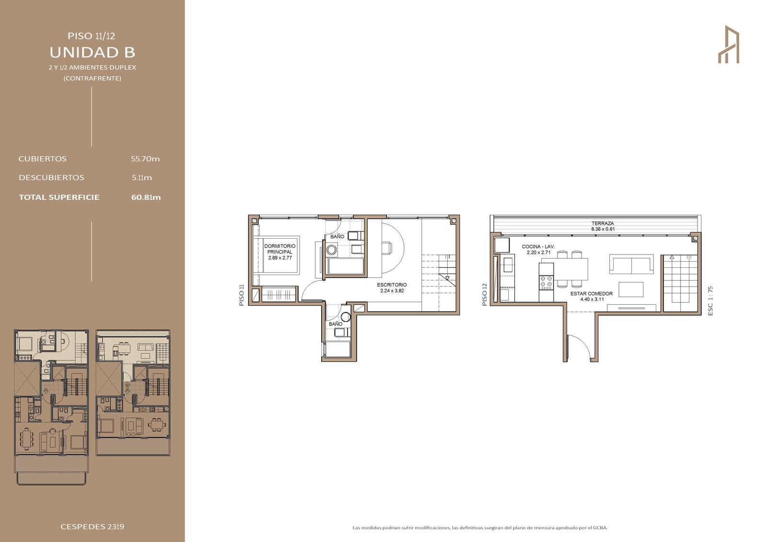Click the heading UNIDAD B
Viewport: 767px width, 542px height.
click(93, 52)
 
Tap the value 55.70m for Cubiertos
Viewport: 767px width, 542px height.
click(145, 159)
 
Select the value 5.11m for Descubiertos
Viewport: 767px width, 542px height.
click(142, 178)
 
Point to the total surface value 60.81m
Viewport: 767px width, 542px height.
click(146, 197)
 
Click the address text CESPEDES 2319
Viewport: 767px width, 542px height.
click(93, 527)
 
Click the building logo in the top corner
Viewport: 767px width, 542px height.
click(728, 44)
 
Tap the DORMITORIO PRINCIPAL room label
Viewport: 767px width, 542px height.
click(280, 249)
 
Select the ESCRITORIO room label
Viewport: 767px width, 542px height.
click(392, 285)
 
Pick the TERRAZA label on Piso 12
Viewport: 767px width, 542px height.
click(603, 224)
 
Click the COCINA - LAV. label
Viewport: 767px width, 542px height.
click(538, 246)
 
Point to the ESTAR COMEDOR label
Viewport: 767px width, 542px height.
click(592, 294)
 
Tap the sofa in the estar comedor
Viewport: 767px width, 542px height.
click(631, 264)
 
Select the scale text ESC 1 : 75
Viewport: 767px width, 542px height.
click(710, 300)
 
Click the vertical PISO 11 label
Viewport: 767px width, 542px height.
click(242, 295)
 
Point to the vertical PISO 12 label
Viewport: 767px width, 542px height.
click(485, 294)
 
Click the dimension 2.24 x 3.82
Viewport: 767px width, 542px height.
click(392, 291)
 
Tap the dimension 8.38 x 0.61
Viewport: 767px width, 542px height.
click(603, 229)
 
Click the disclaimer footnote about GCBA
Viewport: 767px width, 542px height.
click(480, 528)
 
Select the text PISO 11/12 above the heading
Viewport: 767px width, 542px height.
click(92, 36)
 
